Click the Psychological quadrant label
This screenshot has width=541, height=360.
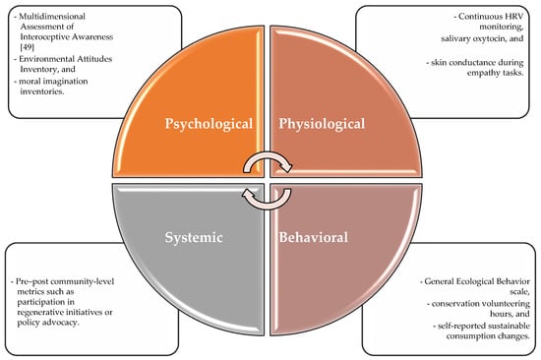pyautogui.click(x=209, y=124)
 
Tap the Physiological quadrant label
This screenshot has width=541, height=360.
pyautogui.click(x=322, y=124)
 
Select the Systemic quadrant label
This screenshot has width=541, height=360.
pyautogui.click(x=194, y=237)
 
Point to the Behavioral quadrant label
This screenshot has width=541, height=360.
pyautogui.click(x=313, y=237)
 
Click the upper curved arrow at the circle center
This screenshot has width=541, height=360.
pyautogui.click(x=268, y=156)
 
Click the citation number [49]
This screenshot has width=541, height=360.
pyautogui.click(x=27, y=47)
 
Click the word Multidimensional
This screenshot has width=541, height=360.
pyautogui.click(x=52, y=16)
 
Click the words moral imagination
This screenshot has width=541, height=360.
pyautogui.click(x=53, y=82)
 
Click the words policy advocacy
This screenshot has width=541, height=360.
pyautogui.click(x=48, y=323)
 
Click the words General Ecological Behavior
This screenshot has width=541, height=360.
pyautogui.click(x=477, y=281)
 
